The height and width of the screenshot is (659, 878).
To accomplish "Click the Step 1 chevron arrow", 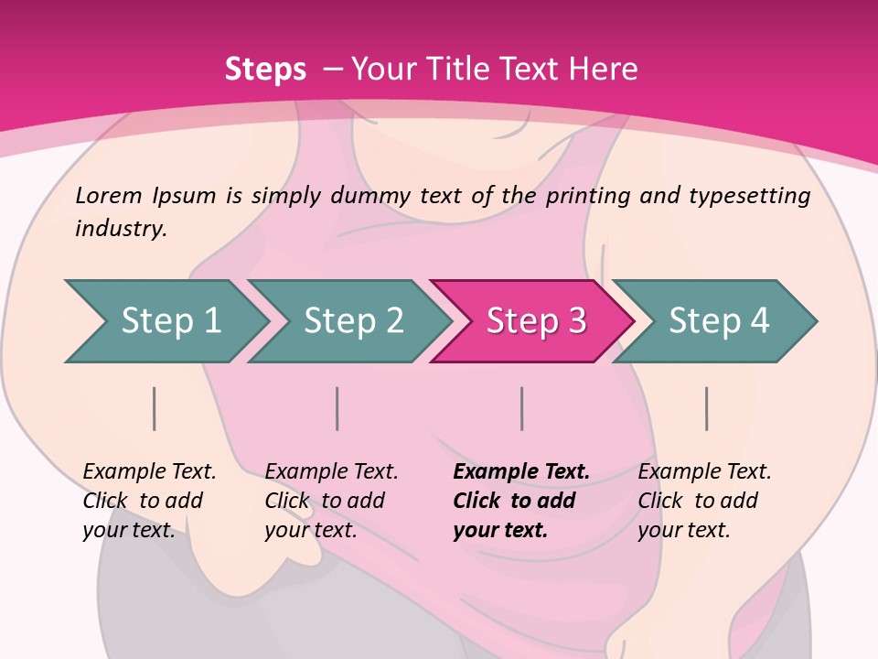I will pyautogui.click(x=169, y=321).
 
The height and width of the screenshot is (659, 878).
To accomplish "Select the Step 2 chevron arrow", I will pyautogui.click(x=352, y=321).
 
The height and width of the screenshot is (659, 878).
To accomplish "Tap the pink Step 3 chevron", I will pyautogui.click(x=535, y=321).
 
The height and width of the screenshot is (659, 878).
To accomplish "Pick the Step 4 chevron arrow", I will pyautogui.click(x=718, y=321).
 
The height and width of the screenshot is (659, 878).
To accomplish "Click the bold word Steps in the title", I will pyautogui.click(x=265, y=70).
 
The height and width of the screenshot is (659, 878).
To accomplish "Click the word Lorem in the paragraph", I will pyautogui.click(x=109, y=195).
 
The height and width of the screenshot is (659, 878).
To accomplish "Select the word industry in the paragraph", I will pyautogui.click(x=121, y=229).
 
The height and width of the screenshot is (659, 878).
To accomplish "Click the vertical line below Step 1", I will pyautogui.click(x=155, y=408).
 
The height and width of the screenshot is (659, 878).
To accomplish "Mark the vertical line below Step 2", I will pyautogui.click(x=337, y=408).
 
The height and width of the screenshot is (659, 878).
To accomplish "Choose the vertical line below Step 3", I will pyautogui.click(x=522, y=408).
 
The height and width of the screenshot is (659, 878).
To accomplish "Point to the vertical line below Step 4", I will pyautogui.click(x=707, y=408).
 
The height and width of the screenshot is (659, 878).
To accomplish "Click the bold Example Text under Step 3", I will pyautogui.click(x=521, y=472).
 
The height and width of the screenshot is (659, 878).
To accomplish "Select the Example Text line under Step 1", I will pyautogui.click(x=149, y=472).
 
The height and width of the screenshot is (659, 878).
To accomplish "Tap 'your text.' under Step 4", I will pyautogui.click(x=683, y=530).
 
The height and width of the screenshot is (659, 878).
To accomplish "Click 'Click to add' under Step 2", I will pyautogui.click(x=325, y=502).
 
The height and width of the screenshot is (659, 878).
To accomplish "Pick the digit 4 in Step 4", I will pyautogui.click(x=759, y=321).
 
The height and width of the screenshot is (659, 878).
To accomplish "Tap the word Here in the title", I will pyautogui.click(x=603, y=70).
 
